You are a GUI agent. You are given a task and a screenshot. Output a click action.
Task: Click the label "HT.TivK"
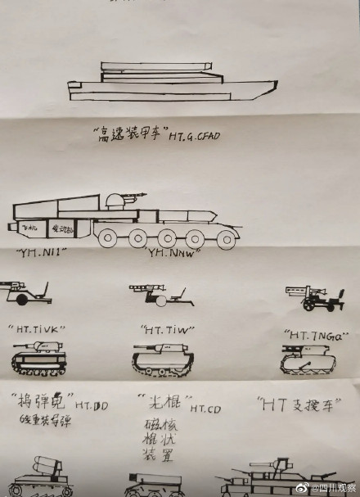37,328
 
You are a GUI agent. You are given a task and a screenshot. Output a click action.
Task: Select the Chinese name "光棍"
162,403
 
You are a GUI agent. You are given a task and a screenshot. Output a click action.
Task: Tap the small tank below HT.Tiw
163,357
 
